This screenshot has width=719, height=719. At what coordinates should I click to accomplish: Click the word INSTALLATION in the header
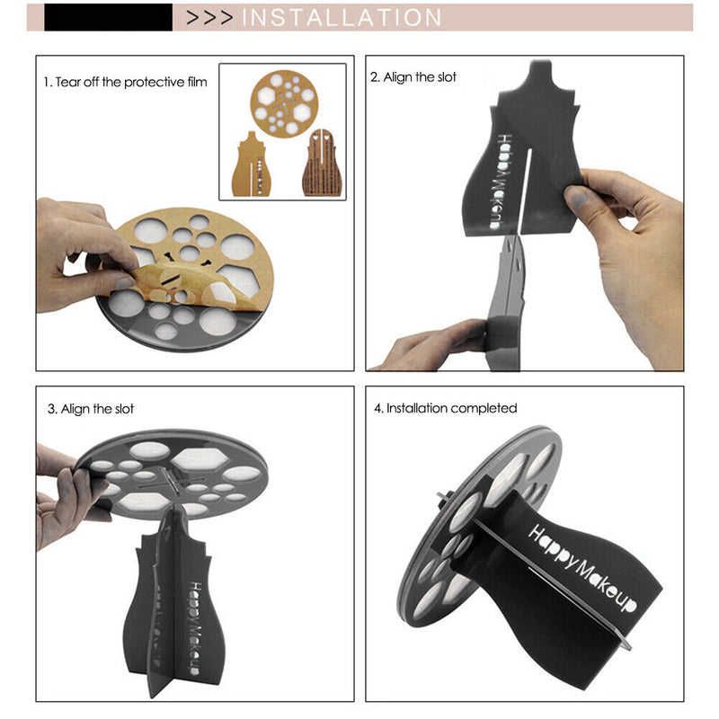pos(342,17)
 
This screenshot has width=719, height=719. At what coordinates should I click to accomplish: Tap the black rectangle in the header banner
pos(108,17)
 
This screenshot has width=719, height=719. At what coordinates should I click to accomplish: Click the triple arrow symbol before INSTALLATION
pos(209,17)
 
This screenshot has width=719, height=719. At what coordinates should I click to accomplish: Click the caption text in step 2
pos(413,77)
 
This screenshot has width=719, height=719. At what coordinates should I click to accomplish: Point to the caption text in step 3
pos(91,409)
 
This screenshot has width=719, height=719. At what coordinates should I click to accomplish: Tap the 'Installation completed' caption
pos(445,408)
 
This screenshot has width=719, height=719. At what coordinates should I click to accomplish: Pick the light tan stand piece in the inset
pos(253,165)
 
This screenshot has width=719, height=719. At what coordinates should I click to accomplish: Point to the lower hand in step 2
pos(436,344)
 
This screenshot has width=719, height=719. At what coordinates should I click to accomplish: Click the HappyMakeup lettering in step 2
pos(499,182)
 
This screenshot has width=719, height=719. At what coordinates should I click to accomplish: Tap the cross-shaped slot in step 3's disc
pos(171,481)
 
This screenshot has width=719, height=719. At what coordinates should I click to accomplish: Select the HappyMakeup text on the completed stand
pos(582,568)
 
